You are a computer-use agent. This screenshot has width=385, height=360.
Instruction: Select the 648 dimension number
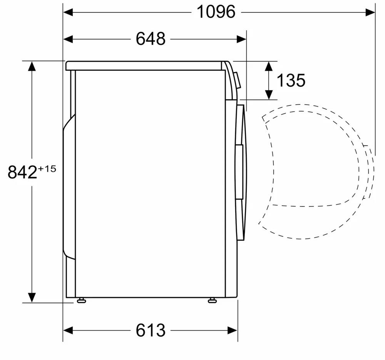click(x=151, y=39)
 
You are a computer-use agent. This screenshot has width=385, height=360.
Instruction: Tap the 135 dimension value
click(x=291, y=80)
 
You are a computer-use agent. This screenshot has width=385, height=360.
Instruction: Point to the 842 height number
click(x=22, y=172)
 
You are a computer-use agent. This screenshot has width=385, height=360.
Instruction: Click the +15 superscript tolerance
click(x=47, y=168)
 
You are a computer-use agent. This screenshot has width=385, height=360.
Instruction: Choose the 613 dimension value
click(x=151, y=330)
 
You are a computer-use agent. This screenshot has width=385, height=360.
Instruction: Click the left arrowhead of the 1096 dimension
click(x=68, y=12)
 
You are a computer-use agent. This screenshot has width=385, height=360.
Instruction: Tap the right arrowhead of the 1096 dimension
click(x=370, y=12)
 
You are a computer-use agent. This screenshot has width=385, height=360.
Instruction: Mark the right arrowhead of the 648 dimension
click(x=241, y=39)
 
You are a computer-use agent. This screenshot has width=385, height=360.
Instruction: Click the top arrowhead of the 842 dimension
click(x=32, y=66)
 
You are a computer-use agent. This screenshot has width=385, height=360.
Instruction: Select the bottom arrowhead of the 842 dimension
click(x=32, y=297)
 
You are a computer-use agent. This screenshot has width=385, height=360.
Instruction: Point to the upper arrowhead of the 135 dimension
click(x=269, y=66)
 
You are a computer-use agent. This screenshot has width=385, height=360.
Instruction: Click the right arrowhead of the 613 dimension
click(x=233, y=330)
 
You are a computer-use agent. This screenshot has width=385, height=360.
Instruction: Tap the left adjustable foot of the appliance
click(x=81, y=300)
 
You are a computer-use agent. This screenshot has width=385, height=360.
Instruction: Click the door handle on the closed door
click(x=239, y=172)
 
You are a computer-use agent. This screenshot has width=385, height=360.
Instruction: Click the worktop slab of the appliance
click(x=146, y=66)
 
